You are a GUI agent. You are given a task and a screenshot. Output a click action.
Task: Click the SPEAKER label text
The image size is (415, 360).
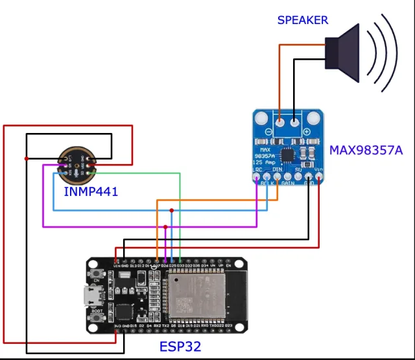pos(302,20)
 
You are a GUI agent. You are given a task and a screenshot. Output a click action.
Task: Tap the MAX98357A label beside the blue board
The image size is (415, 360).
pos(366,150)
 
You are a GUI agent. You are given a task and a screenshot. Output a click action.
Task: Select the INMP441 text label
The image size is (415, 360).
pos(90,193)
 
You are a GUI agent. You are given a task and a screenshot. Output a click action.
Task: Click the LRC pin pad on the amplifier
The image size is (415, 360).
pos(257,176)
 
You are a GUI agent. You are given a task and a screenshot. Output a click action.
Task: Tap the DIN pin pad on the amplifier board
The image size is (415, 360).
pos(277,176)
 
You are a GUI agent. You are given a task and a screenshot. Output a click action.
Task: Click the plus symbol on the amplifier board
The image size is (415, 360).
pos(305,132)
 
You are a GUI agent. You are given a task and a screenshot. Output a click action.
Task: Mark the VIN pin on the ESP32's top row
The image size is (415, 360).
pos(116,260)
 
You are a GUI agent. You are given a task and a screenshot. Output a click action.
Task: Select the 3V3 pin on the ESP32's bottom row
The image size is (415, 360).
pos(116,332)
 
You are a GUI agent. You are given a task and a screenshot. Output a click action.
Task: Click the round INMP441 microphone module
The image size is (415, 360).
pos(77,164)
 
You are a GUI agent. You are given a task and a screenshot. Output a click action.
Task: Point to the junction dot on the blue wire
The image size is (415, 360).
pos(171,211)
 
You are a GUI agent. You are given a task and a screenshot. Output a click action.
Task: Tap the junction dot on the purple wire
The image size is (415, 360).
pos(165,227)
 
